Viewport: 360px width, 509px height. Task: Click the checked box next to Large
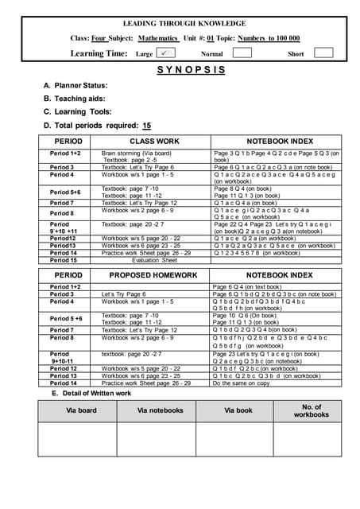tap(167, 52)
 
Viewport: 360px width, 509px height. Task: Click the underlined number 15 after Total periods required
tap(146, 125)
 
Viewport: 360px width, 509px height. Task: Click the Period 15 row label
tap(64, 260)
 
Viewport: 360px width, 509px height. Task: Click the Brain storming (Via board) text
tap(137, 153)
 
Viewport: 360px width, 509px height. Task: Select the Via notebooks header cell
tap(161, 410)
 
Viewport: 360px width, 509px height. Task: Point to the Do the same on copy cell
tap(242, 383)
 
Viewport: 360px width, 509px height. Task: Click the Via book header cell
tap(238, 410)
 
